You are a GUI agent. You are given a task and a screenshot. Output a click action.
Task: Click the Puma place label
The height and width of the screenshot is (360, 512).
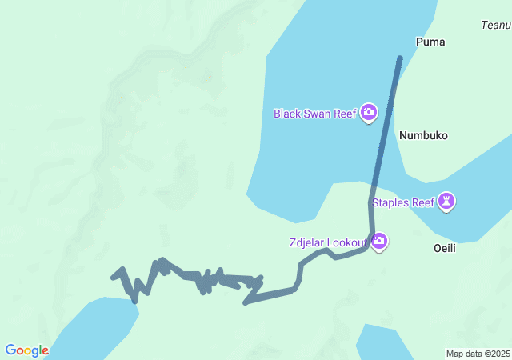(x=430, y=42)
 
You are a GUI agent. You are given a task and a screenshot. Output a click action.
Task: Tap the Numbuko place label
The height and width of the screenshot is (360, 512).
(x=423, y=135)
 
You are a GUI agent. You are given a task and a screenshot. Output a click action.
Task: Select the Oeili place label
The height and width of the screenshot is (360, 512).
(x=444, y=248)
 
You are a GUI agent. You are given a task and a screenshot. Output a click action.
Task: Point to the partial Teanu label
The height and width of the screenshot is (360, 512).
(x=496, y=25)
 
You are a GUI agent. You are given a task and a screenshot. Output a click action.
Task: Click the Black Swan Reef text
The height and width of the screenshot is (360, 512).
(x=314, y=114)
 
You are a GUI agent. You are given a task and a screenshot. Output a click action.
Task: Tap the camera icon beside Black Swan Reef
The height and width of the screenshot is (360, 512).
(x=368, y=112)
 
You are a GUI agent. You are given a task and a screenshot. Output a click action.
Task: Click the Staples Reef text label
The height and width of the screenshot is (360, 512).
(x=411, y=202)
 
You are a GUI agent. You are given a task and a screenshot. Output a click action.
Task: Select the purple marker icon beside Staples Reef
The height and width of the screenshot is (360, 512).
(x=447, y=202)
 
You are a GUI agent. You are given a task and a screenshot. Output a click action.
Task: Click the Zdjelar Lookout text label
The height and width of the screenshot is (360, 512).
(x=328, y=242)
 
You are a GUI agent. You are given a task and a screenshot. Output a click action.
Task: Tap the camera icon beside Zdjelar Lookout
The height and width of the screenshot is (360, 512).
(x=379, y=241)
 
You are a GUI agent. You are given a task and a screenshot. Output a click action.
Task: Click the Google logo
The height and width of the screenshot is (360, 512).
(x=26, y=350)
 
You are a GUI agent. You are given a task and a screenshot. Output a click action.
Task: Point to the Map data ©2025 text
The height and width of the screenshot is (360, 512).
(x=478, y=354)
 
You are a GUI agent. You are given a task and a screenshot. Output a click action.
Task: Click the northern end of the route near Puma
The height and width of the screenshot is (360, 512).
(x=400, y=58)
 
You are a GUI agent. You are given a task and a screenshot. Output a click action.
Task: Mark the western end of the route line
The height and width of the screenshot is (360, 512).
(x=113, y=278)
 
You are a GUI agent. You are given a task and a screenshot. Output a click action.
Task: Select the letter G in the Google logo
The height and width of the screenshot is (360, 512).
(x=10, y=350)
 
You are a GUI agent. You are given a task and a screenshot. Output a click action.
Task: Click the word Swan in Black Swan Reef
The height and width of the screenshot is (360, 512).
(x=318, y=114)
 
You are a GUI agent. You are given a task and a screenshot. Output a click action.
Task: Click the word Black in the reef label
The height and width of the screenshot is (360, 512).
(x=287, y=114)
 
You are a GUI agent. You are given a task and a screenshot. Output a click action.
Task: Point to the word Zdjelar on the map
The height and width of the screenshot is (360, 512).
(x=307, y=242)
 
